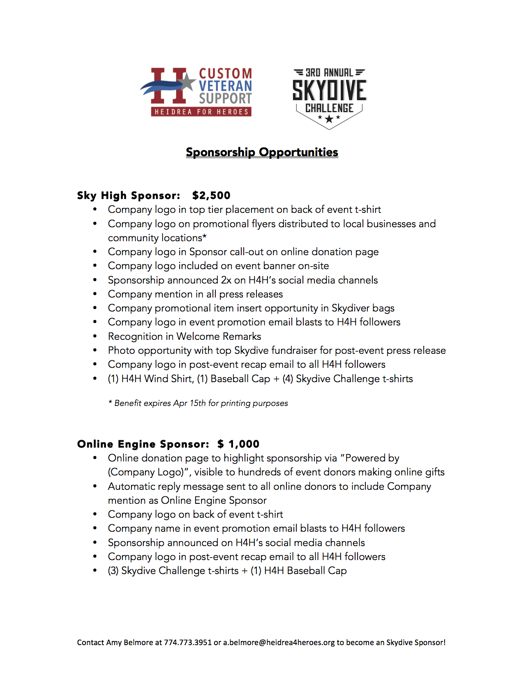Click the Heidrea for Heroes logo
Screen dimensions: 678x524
pos(196,92)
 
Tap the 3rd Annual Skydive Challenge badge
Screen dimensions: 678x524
pos(329,98)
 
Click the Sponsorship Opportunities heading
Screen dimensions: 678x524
pos(262,152)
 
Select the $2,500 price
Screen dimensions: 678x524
pos(211,196)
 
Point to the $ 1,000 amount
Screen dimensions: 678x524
pos(238,444)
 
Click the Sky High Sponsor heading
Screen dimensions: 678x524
pos(129,196)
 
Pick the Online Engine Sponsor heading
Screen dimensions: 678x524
pos(143,444)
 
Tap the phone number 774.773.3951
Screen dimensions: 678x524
pos(188,643)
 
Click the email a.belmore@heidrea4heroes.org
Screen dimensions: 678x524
pos(279,643)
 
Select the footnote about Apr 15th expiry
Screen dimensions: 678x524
pos(198,404)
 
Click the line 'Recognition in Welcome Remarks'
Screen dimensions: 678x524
pos(185,337)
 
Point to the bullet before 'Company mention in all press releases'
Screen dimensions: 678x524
pos(95,294)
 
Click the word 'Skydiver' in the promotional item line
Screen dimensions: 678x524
pos(351,308)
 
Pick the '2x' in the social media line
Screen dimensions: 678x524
pos(226,280)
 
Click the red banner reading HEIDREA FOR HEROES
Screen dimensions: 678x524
pos(201,112)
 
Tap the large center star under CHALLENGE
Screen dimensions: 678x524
pos(329,119)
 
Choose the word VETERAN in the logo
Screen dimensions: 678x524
pos(225,86)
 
